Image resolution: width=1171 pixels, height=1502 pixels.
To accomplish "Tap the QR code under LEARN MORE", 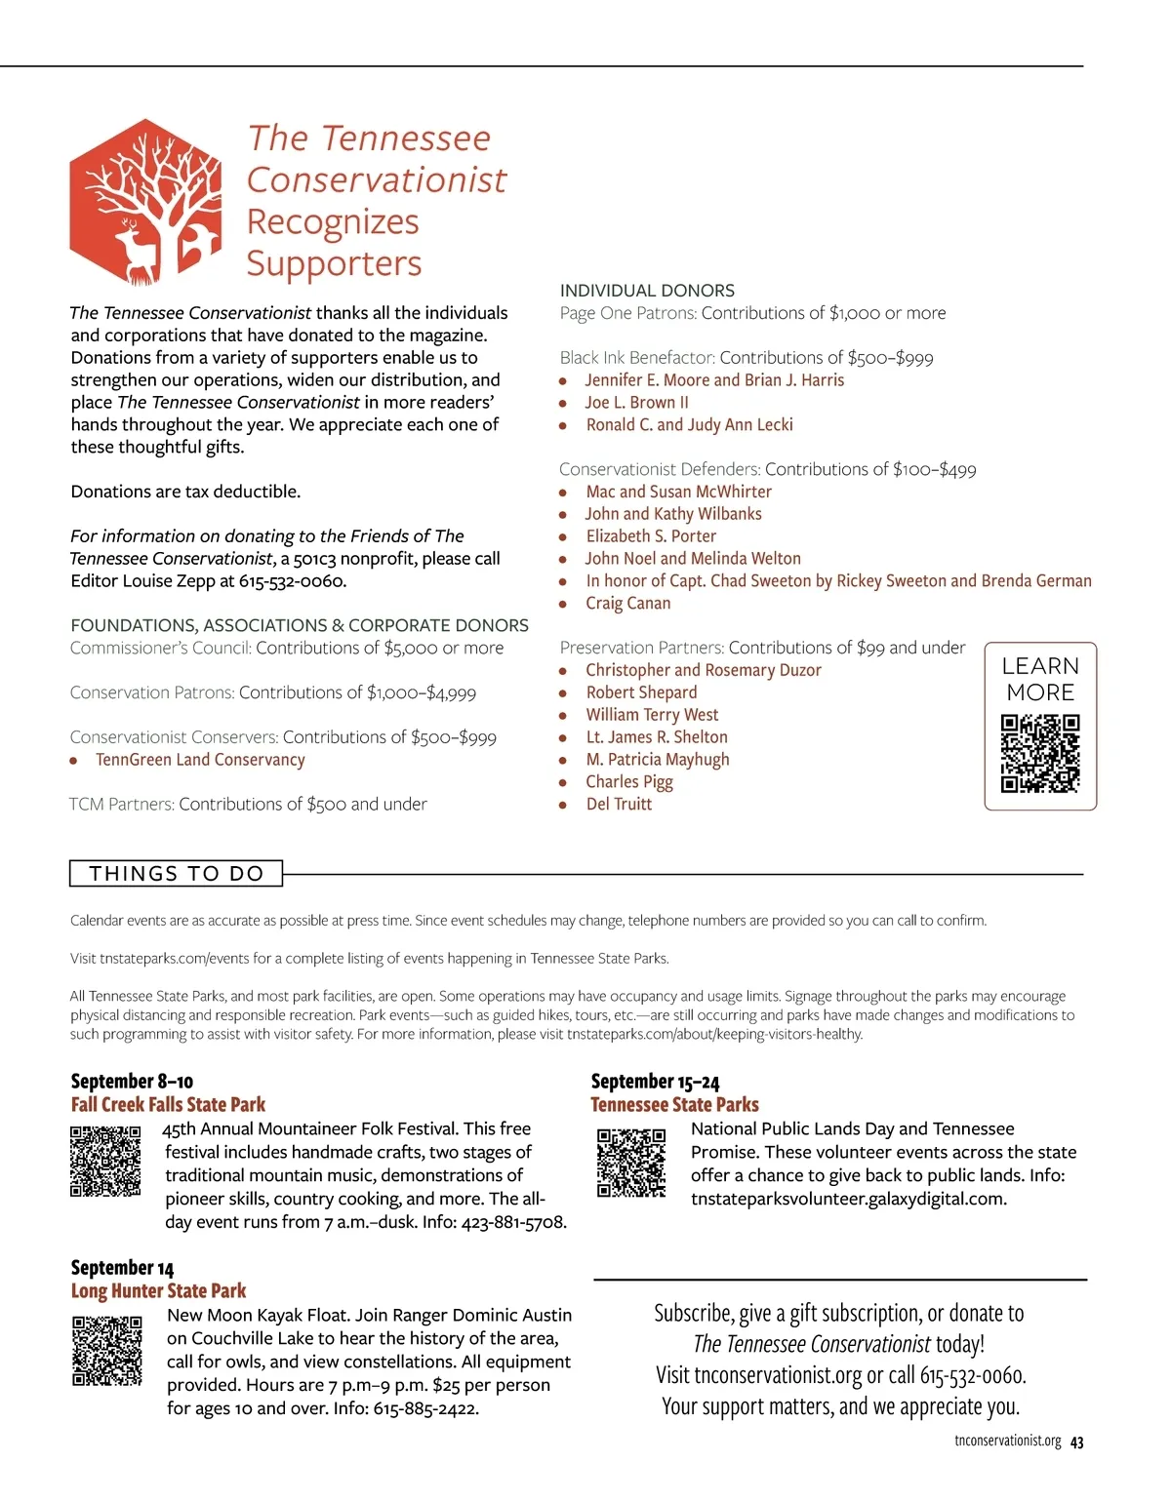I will (1040, 753).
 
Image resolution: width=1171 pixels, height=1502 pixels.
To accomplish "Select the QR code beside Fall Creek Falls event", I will (105, 1161).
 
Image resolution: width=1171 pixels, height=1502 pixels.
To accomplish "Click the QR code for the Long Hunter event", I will (107, 1351).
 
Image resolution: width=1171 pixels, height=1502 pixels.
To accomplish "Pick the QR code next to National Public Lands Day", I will (631, 1163).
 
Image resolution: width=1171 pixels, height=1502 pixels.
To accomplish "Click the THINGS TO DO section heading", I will (177, 874).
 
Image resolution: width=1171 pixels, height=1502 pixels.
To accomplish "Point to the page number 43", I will (1076, 1443).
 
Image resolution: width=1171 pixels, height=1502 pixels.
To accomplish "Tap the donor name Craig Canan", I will (627, 604).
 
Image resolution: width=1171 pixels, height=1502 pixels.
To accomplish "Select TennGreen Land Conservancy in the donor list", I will (200, 760).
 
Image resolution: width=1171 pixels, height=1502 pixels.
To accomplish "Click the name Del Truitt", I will (619, 805).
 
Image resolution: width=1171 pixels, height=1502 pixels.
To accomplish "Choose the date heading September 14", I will (122, 1268).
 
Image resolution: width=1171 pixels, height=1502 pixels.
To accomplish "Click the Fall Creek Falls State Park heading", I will (168, 1105).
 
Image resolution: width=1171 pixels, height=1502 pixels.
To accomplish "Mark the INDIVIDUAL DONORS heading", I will (647, 291).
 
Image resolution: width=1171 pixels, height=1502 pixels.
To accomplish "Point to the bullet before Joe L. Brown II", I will (563, 403).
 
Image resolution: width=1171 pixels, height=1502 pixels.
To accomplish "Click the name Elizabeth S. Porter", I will (651, 536).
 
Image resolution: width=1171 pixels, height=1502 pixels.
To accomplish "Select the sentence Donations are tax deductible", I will (185, 492).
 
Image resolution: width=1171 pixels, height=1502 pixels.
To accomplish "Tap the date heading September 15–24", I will (655, 1082).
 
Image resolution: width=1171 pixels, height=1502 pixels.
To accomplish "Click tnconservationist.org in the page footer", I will (1007, 1442).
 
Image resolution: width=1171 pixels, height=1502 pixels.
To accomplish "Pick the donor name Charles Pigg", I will (629, 782).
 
